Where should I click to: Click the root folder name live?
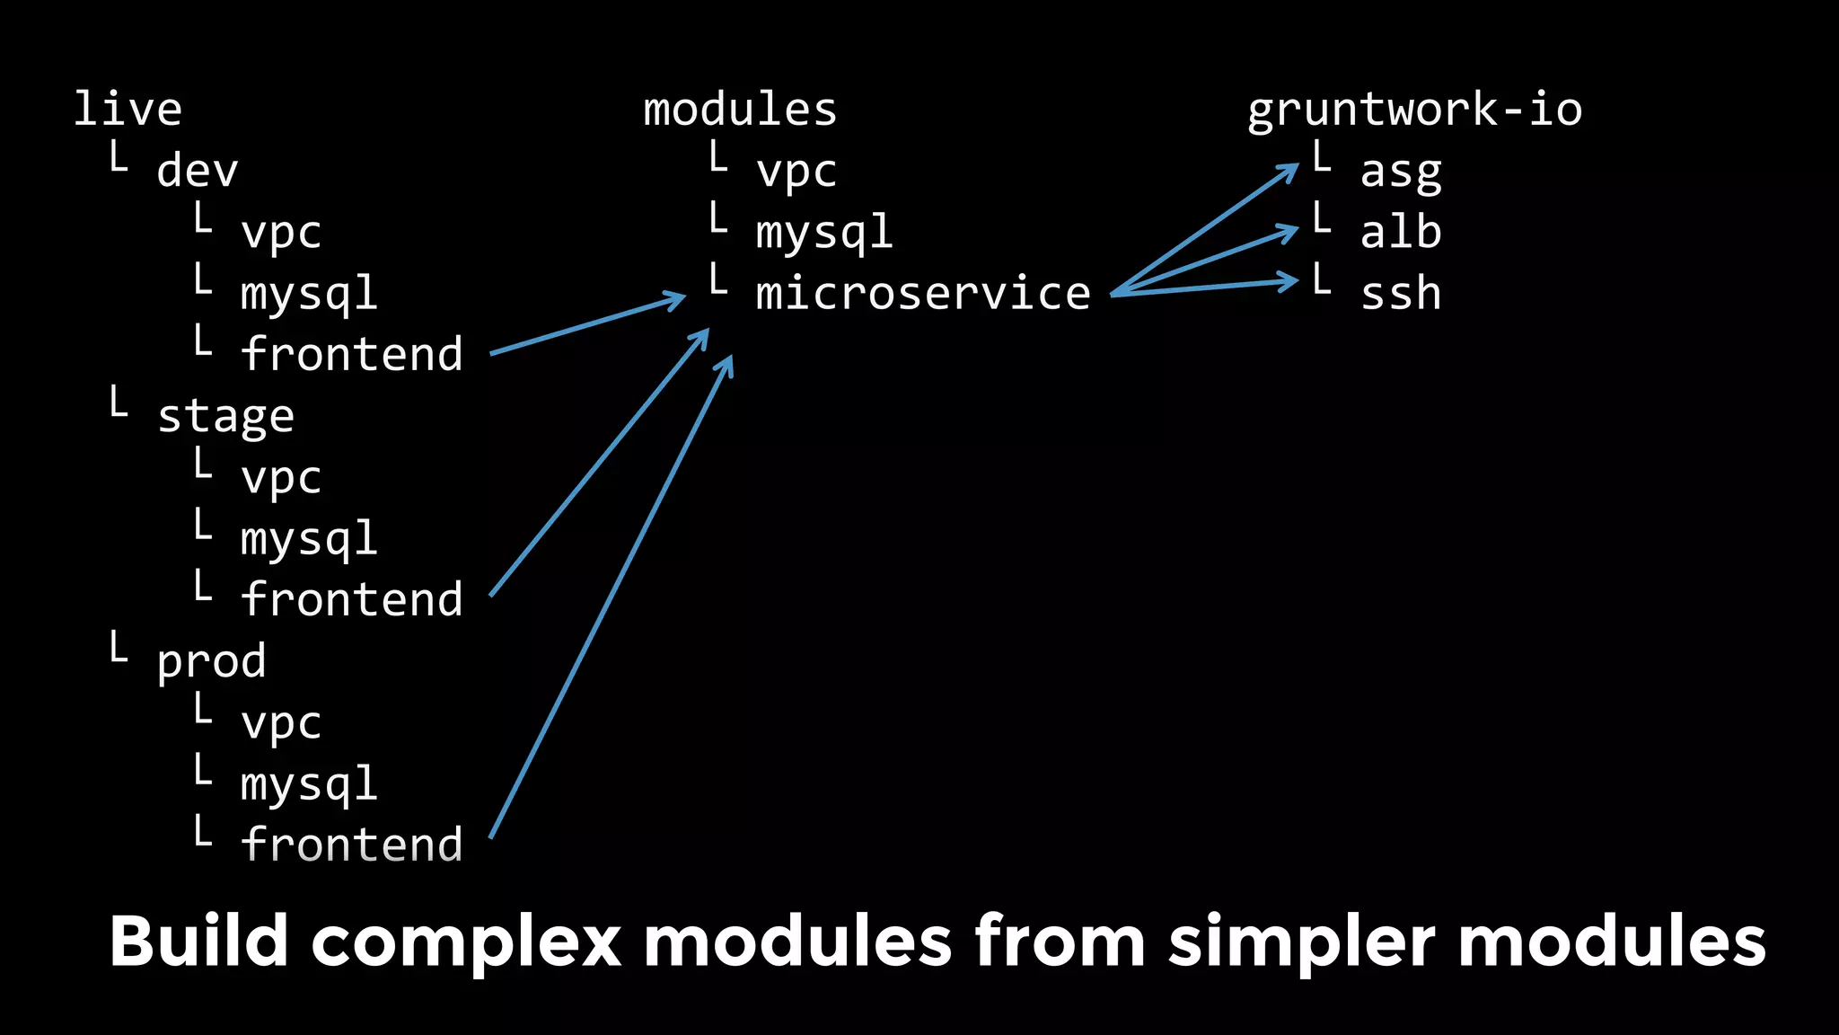[x=128, y=109]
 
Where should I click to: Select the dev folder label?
[x=198, y=171]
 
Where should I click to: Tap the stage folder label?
[x=225, y=416]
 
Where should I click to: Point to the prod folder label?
[x=212, y=660]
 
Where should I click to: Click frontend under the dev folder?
[x=352, y=353]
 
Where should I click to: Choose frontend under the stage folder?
[x=352, y=598]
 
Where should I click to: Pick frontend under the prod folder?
[x=352, y=844]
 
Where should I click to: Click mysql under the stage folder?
[x=309, y=539]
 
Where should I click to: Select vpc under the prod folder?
[x=281, y=722]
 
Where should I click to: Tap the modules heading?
[x=740, y=109]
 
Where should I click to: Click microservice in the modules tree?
[x=923, y=293]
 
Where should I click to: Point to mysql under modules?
[x=824, y=233]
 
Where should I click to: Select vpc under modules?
[x=796, y=171]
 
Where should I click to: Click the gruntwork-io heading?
[x=1414, y=109]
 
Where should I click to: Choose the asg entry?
[x=1401, y=171]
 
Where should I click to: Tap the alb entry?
[x=1401, y=232]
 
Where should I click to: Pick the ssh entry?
[x=1401, y=293]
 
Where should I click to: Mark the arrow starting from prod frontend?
[x=611, y=597]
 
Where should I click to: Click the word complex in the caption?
[x=466, y=941]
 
